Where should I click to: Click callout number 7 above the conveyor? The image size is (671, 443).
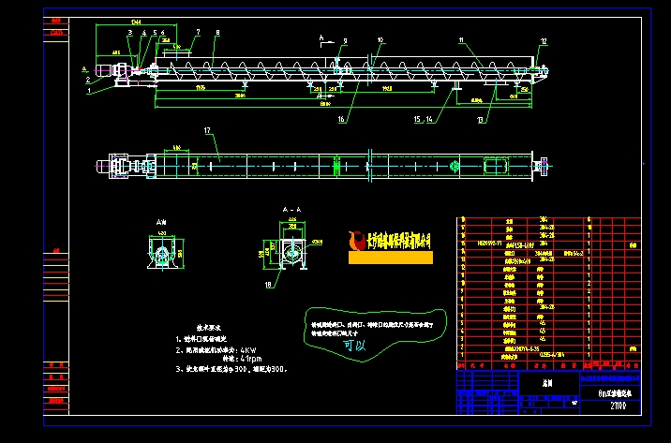coord(199,32)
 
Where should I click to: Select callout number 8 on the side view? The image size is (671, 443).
coord(217,33)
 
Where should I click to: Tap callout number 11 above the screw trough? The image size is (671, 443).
coord(461,40)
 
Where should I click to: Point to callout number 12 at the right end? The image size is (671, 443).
coord(544,41)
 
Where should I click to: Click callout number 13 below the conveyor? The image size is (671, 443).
coord(481,119)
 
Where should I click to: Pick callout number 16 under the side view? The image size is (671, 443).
coord(342,120)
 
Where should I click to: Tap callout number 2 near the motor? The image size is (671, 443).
coord(89,81)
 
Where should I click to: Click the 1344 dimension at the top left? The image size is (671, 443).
coord(137,20)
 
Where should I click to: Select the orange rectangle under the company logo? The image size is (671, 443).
coord(390,257)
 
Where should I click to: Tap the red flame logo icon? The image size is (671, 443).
coord(355,240)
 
